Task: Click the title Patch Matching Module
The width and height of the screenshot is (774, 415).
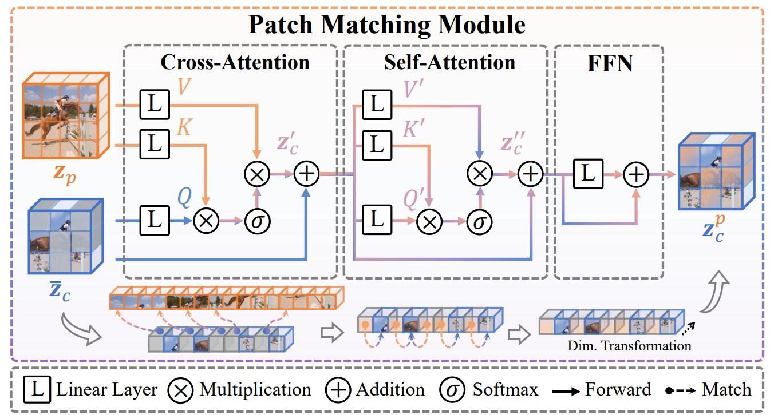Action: point(386,25)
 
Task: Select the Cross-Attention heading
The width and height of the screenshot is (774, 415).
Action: point(235,62)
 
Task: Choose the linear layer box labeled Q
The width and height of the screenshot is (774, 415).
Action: point(155,220)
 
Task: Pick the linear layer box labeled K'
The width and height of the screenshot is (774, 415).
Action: point(376,144)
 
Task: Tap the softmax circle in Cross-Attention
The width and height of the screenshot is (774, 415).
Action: point(257,220)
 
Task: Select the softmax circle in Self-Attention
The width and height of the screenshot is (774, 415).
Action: point(479,220)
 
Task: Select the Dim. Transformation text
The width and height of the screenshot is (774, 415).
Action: point(629,345)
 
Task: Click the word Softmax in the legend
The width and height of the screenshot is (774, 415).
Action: point(505,390)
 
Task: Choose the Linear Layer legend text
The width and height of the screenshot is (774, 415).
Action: point(106,390)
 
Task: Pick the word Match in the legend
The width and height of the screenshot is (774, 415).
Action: point(726,390)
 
